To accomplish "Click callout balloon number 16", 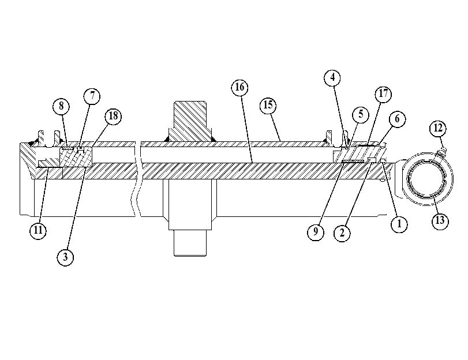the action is pyautogui.click(x=239, y=87).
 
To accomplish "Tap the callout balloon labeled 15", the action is pyautogui.click(x=268, y=106).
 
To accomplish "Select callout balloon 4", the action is pyautogui.click(x=332, y=78).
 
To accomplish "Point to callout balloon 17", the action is pyautogui.click(x=383, y=94).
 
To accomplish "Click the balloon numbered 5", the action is pyautogui.click(x=361, y=115).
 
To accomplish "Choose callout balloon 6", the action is pyautogui.click(x=397, y=119).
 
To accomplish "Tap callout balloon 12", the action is pyautogui.click(x=438, y=128).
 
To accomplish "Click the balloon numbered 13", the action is pyautogui.click(x=440, y=221).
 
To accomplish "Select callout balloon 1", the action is pyautogui.click(x=399, y=224).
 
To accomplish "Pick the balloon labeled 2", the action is pyautogui.click(x=342, y=233).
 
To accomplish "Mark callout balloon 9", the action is pyautogui.click(x=316, y=232).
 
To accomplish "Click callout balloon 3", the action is pyautogui.click(x=65, y=257).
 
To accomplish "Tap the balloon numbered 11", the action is pyautogui.click(x=38, y=230).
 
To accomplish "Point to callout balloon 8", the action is pyautogui.click(x=61, y=106).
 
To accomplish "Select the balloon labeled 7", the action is pyautogui.click(x=92, y=96).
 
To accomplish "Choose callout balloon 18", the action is pyautogui.click(x=113, y=116).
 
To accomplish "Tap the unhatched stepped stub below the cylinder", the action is pyautogui.click(x=190, y=217).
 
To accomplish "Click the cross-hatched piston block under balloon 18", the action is pyautogui.click(x=76, y=157).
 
